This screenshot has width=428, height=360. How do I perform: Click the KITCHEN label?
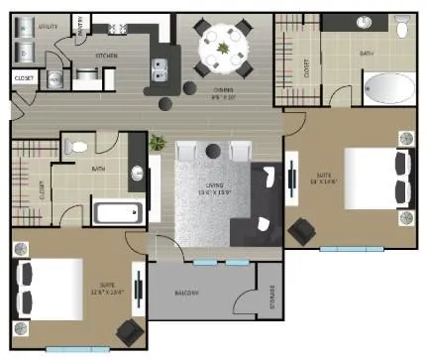[x=107, y=57]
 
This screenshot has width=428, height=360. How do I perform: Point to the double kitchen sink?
[x=160, y=68]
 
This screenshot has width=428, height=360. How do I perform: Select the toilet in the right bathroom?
[x=402, y=31]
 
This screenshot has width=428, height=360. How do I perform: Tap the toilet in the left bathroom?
[x=78, y=148]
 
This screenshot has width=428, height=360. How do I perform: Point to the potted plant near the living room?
[x=157, y=144]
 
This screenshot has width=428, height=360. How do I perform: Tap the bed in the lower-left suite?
[x=50, y=290]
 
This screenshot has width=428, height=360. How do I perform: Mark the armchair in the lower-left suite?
[x=129, y=332]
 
